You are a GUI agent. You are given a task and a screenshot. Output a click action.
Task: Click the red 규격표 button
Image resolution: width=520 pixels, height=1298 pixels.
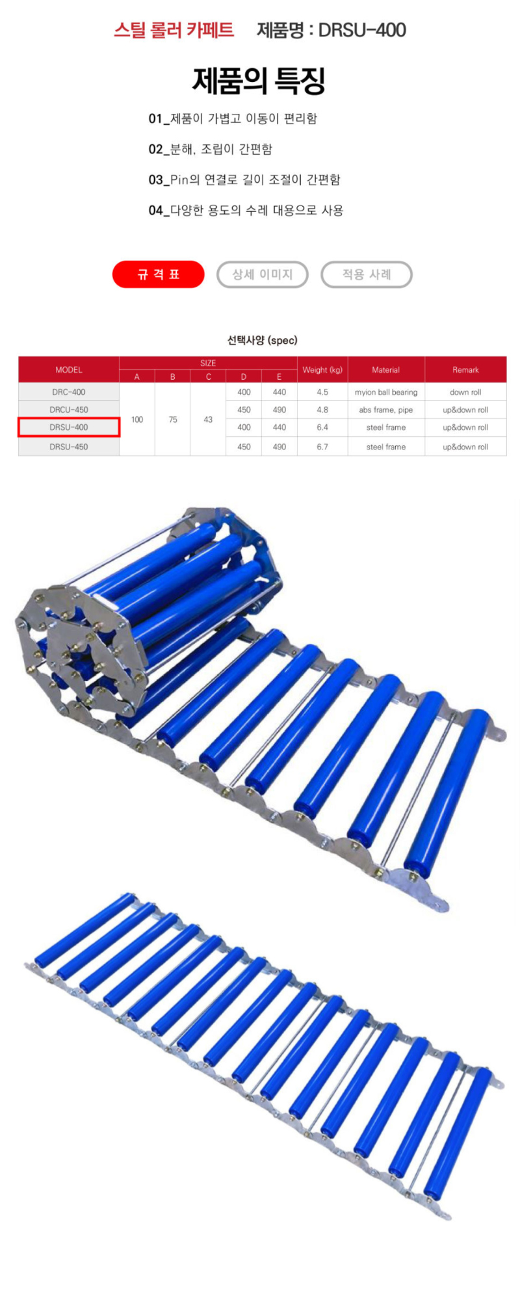[x=158, y=274]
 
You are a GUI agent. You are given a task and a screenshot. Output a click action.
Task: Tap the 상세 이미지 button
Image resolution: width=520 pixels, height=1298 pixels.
[x=263, y=274]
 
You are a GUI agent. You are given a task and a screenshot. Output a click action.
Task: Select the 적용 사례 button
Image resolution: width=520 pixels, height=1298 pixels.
[x=367, y=274]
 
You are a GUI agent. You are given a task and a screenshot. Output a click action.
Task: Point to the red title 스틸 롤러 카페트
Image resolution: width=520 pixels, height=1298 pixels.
[x=174, y=30]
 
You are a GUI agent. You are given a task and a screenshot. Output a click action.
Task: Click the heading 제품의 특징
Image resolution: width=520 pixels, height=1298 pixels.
[x=259, y=81]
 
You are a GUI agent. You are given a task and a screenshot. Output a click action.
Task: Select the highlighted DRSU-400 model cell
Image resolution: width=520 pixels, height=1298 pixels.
[x=69, y=427]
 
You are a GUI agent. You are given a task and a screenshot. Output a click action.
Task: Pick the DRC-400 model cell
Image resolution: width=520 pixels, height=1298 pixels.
[x=69, y=392]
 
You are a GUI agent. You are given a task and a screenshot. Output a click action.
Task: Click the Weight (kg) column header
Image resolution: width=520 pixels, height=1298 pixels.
[x=322, y=369]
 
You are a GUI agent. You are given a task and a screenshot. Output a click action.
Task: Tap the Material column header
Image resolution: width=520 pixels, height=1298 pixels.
[x=386, y=369]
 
